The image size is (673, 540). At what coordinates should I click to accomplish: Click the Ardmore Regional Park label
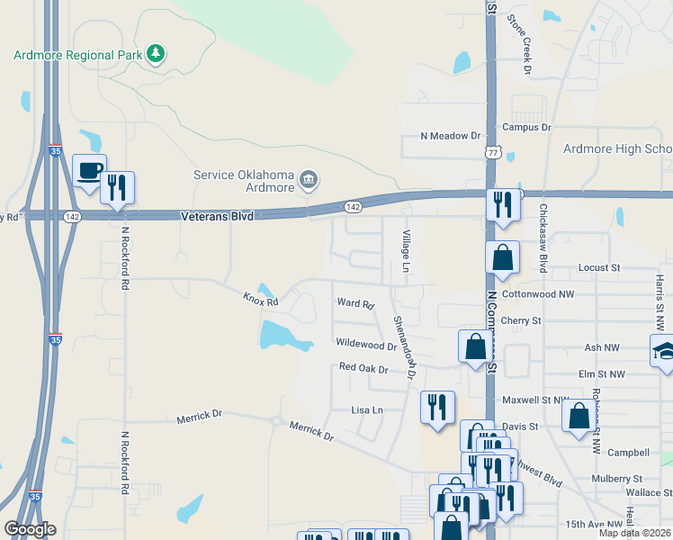(x=78, y=55)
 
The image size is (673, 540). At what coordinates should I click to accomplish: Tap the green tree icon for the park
(x=157, y=54)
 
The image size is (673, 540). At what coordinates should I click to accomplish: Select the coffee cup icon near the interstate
(x=89, y=171)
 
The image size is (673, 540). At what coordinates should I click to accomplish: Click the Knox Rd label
(x=261, y=299)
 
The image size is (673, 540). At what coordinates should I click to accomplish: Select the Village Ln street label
(x=405, y=252)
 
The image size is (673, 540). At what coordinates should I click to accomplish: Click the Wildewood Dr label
(x=365, y=344)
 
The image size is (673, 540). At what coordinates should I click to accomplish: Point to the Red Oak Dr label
(x=363, y=368)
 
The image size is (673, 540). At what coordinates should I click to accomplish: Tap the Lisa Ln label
(x=367, y=409)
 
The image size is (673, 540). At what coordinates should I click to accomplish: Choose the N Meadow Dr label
(x=451, y=136)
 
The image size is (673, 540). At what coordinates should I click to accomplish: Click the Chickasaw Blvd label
(x=543, y=238)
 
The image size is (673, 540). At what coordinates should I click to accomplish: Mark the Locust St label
(x=599, y=267)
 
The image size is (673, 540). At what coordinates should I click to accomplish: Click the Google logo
(x=30, y=529)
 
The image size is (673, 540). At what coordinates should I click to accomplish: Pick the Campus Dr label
(x=526, y=128)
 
